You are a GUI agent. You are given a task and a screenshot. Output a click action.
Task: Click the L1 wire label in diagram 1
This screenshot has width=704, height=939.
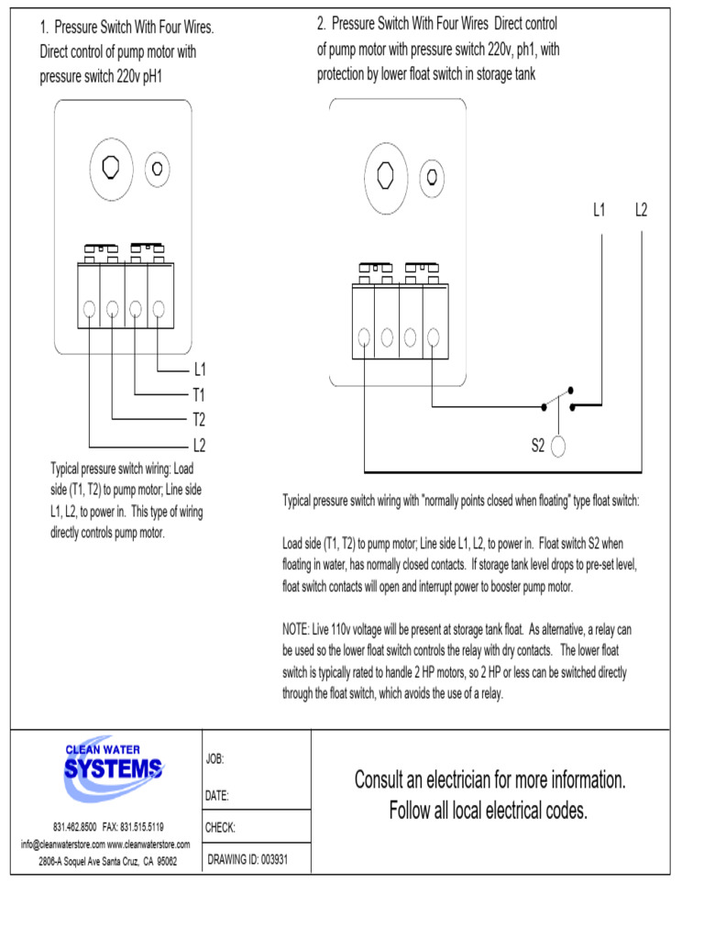click(199, 370)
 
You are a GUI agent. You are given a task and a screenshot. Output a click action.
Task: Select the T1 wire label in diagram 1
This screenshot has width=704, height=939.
click(199, 395)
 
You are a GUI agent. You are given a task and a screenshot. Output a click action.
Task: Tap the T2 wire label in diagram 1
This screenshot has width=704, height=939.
click(199, 421)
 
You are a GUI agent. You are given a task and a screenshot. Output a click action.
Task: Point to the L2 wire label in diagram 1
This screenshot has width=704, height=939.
click(199, 447)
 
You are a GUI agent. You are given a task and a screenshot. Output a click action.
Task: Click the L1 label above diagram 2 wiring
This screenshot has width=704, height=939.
click(599, 210)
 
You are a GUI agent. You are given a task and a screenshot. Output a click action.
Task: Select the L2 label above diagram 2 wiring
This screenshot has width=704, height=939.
click(642, 210)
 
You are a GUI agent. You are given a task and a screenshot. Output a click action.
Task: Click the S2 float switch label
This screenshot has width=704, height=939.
click(538, 447)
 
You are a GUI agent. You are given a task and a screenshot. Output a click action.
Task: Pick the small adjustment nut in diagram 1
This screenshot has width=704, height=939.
click(158, 168)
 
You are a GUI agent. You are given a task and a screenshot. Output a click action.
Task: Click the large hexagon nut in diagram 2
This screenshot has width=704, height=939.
click(386, 172)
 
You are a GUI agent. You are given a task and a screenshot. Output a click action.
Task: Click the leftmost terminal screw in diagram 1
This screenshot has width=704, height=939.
click(90, 309)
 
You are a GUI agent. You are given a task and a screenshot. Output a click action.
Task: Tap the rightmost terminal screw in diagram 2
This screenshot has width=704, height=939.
click(432, 338)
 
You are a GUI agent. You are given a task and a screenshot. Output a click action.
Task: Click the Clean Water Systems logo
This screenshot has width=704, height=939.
click(113, 763)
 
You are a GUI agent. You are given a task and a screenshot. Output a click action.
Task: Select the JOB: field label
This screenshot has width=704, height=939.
click(215, 759)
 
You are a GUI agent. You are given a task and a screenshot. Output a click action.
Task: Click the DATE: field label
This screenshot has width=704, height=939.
click(217, 794)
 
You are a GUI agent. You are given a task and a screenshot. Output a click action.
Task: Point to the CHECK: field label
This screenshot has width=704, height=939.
click(221, 827)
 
